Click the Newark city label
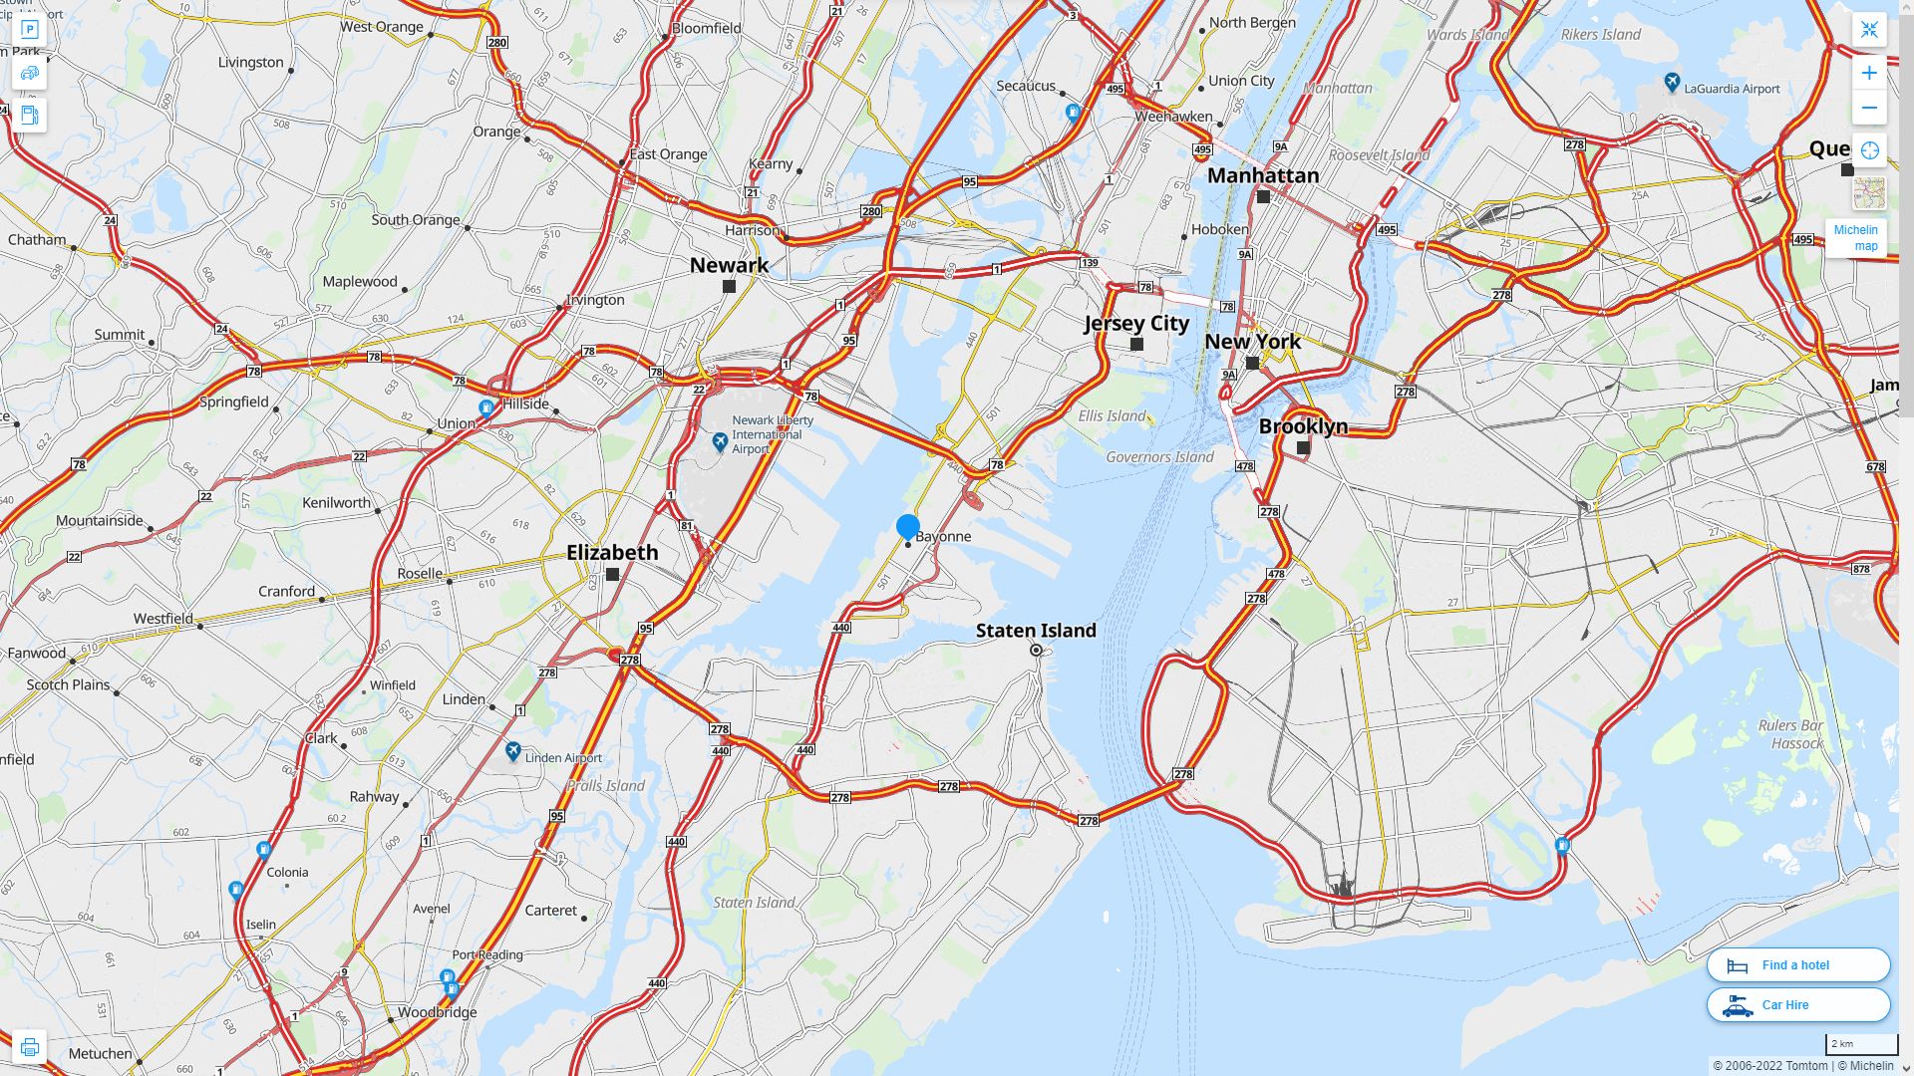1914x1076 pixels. (x=729, y=265)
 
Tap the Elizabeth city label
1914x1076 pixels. (x=612, y=553)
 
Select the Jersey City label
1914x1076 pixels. (x=1136, y=324)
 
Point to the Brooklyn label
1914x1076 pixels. (x=1303, y=426)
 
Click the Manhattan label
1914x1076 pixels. (x=1263, y=176)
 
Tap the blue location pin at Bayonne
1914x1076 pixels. (x=907, y=526)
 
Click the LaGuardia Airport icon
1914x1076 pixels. (x=1673, y=84)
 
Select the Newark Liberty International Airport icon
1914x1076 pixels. (x=720, y=441)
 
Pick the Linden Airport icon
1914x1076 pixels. (x=513, y=752)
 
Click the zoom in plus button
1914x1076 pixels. (x=1869, y=73)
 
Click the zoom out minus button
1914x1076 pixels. (x=1869, y=108)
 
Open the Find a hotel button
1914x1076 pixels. (x=1798, y=964)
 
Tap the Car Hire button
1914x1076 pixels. (x=1798, y=1004)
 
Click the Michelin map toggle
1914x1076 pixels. (x=1855, y=237)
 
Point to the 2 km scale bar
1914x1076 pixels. (x=1861, y=1044)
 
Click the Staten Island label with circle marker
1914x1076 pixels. (x=1036, y=632)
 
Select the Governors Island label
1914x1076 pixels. (x=1159, y=457)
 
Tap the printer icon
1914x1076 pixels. (x=29, y=1047)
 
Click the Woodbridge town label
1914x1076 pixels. (x=437, y=1012)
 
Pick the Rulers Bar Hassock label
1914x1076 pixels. (x=1791, y=734)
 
